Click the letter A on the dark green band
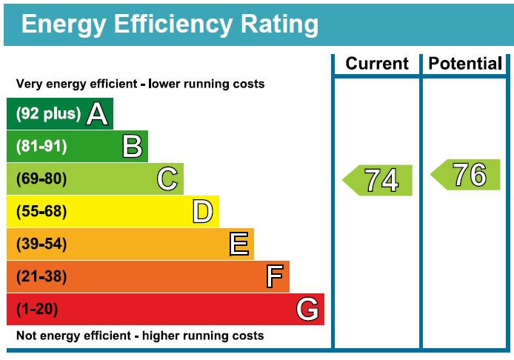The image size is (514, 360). click(97, 114)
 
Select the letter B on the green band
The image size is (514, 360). click(132, 147)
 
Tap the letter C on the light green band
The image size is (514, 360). click(167, 179)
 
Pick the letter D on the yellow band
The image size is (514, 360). click(202, 212)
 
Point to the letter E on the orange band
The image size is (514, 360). click(238, 244)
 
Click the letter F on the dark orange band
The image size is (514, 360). click(274, 277)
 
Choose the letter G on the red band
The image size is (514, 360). click(308, 310)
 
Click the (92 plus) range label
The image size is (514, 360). click(47, 114)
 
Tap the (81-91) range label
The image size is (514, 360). click(41, 147)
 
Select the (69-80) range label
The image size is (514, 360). click(41, 179)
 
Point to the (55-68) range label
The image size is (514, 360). click(41, 212)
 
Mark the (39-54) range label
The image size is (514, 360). click(41, 244)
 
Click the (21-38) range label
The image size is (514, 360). click(41, 277)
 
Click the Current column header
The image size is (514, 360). click(377, 64)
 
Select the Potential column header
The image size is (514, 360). click(465, 64)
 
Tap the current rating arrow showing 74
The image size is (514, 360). click(378, 180)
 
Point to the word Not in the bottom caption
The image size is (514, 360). click(26, 336)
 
